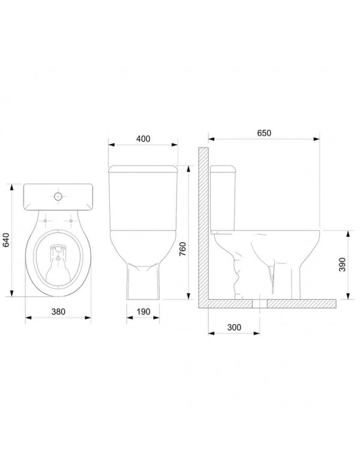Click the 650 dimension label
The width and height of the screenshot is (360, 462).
[x=265, y=133]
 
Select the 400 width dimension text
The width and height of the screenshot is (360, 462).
[x=143, y=139]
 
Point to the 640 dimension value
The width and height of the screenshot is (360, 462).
[x=7, y=241]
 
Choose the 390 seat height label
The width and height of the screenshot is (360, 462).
[x=343, y=265]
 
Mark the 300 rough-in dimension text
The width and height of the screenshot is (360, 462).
[x=234, y=328]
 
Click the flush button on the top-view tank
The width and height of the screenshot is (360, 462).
[x=58, y=196]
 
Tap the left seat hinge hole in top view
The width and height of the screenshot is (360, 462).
[x=45, y=221]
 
